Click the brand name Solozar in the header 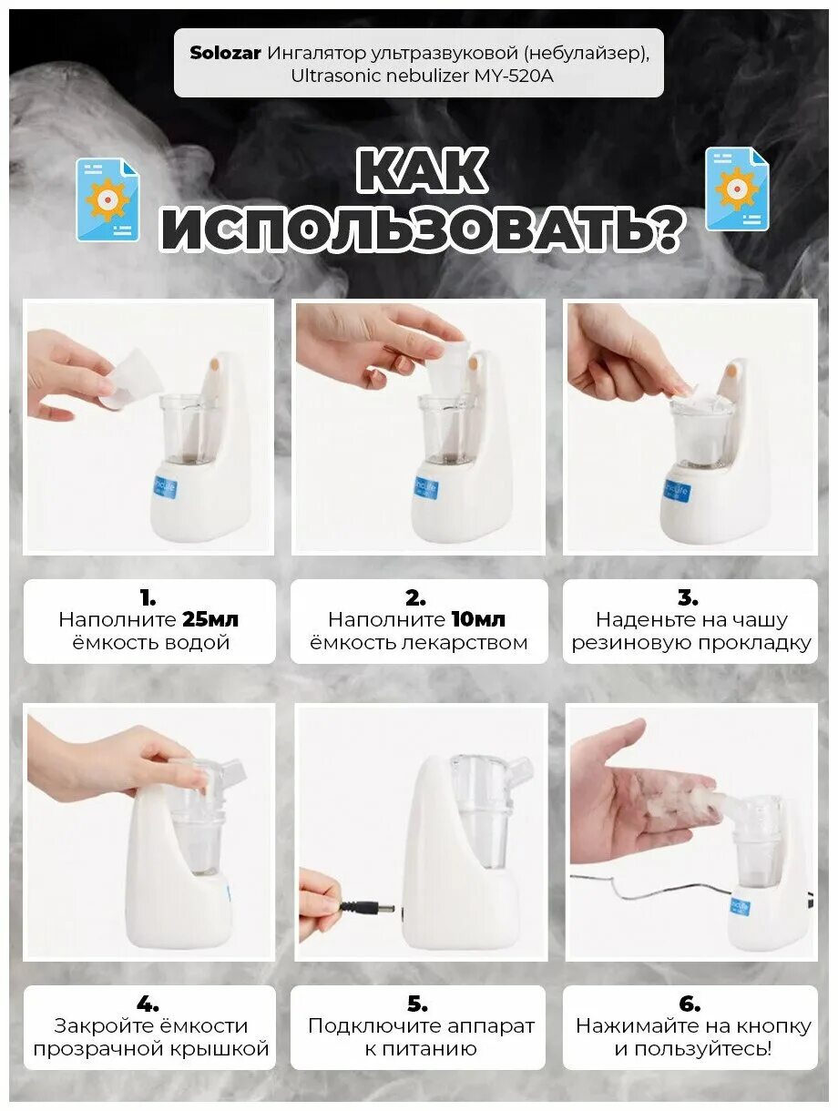(x=225, y=53)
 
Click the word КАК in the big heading (x=422, y=170)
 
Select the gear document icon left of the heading (x=107, y=199)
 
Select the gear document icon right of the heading (x=737, y=189)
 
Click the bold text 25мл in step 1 (x=210, y=619)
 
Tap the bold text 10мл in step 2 (x=478, y=619)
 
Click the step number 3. (x=688, y=597)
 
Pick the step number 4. (x=148, y=1004)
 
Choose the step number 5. (x=417, y=1004)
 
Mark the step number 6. (x=690, y=1004)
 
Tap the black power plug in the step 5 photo (x=367, y=906)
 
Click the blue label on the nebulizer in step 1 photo (x=166, y=488)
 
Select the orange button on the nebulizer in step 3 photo (x=731, y=372)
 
